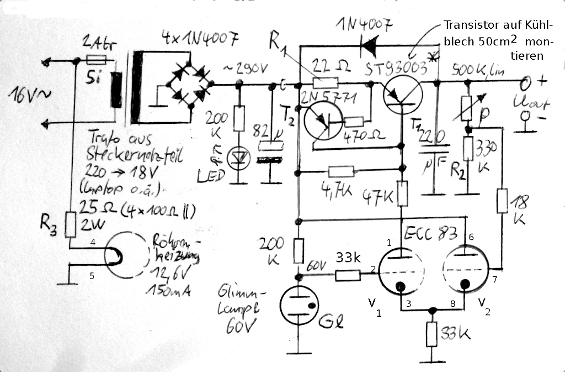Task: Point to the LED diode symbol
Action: coord(239,158)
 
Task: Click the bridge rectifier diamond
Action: coord(189,85)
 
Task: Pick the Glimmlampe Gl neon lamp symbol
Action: coord(299,306)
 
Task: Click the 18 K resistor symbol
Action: coord(502,201)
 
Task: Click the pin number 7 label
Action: coord(494,280)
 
